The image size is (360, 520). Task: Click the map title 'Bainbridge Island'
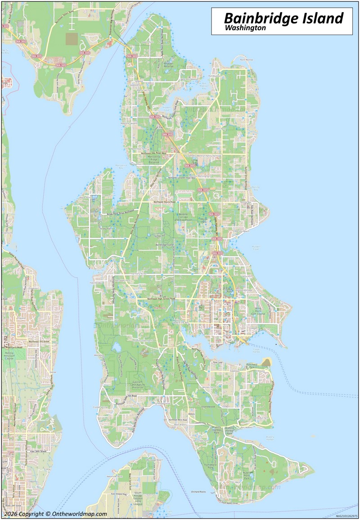coord(283,18)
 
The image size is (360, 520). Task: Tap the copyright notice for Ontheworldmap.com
coord(56,514)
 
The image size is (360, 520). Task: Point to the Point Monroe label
coord(247,59)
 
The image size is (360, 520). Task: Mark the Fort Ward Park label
coord(208,466)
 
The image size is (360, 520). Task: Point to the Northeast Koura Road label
coord(165,202)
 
